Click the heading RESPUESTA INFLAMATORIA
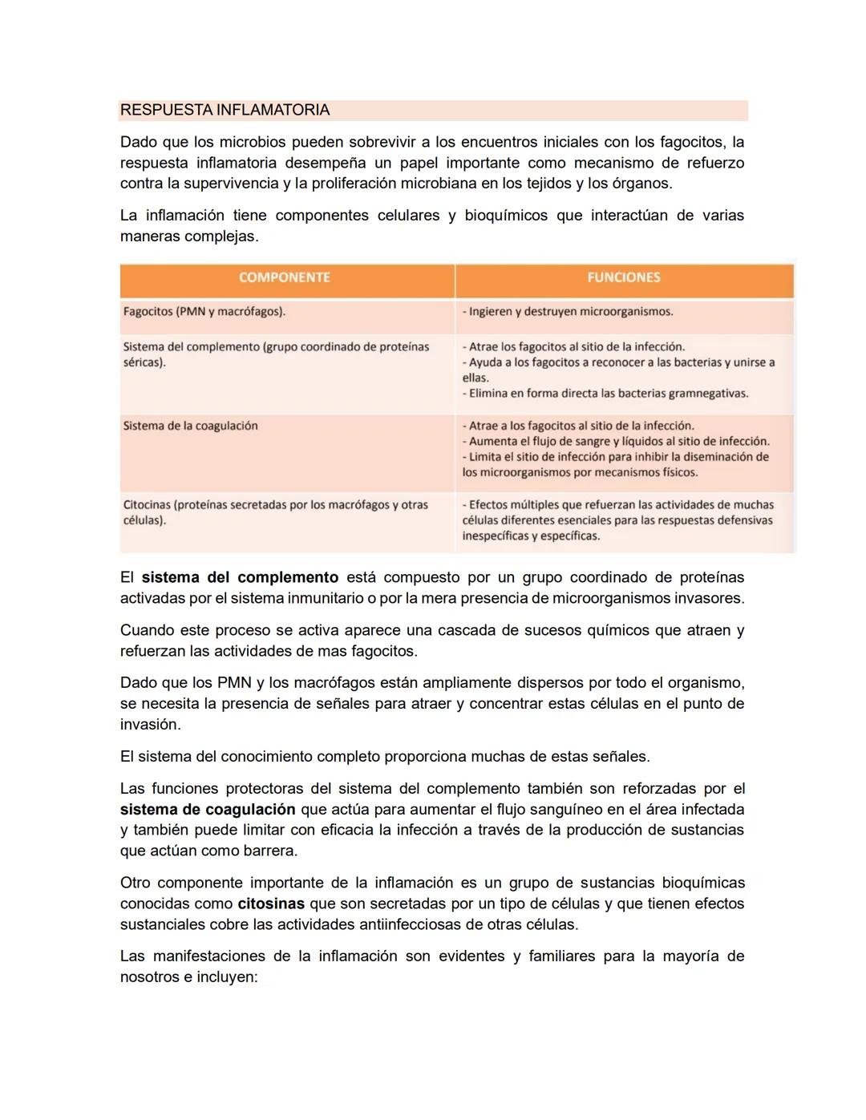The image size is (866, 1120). [x=225, y=110]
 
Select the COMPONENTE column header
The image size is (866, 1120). [x=285, y=277]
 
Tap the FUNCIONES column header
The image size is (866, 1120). [x=624, y=277]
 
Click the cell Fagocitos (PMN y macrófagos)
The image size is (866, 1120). [x=204, y=311]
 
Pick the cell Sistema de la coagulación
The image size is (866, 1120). [x=191, y=426]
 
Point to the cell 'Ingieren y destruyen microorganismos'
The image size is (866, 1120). [x=569, y=311]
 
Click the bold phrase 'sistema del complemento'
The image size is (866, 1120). [x=240, y=577]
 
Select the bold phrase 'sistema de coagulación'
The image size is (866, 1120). [x=208, y=809]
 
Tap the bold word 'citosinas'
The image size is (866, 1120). [x=271, y=904]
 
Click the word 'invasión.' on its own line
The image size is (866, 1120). [x=151, y=724]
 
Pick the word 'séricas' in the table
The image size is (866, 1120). [x=143, y=362]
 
